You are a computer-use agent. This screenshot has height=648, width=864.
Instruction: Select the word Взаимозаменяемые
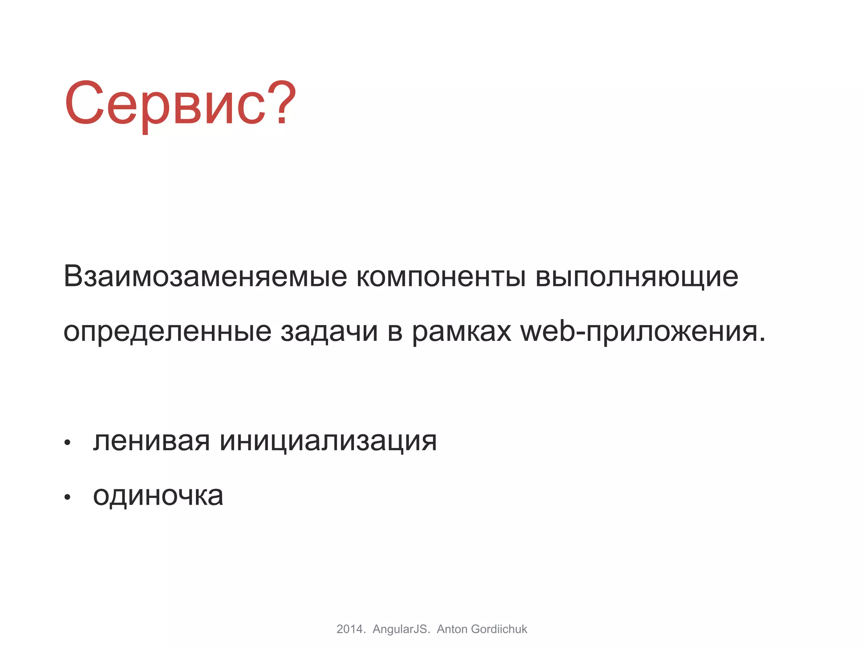205,277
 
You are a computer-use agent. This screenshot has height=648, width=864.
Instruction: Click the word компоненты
441,277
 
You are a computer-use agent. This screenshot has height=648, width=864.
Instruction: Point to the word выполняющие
637,277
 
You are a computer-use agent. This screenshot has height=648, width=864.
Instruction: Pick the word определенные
167,332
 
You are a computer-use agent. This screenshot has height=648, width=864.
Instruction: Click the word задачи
329,332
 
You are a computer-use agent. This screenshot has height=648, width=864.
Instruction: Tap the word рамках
462,332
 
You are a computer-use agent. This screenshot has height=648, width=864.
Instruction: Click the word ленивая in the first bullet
151,441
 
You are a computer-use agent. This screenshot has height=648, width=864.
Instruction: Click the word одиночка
158,495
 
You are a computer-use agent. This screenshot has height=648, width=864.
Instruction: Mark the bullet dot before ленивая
67,443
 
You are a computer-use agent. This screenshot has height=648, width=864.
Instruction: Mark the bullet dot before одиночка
67,498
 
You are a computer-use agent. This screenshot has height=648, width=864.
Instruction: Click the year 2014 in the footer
349,629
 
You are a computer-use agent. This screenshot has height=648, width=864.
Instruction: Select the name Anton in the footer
452,629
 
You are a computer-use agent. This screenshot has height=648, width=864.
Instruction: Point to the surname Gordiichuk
499,629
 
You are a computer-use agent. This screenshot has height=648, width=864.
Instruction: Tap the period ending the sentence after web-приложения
761,340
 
